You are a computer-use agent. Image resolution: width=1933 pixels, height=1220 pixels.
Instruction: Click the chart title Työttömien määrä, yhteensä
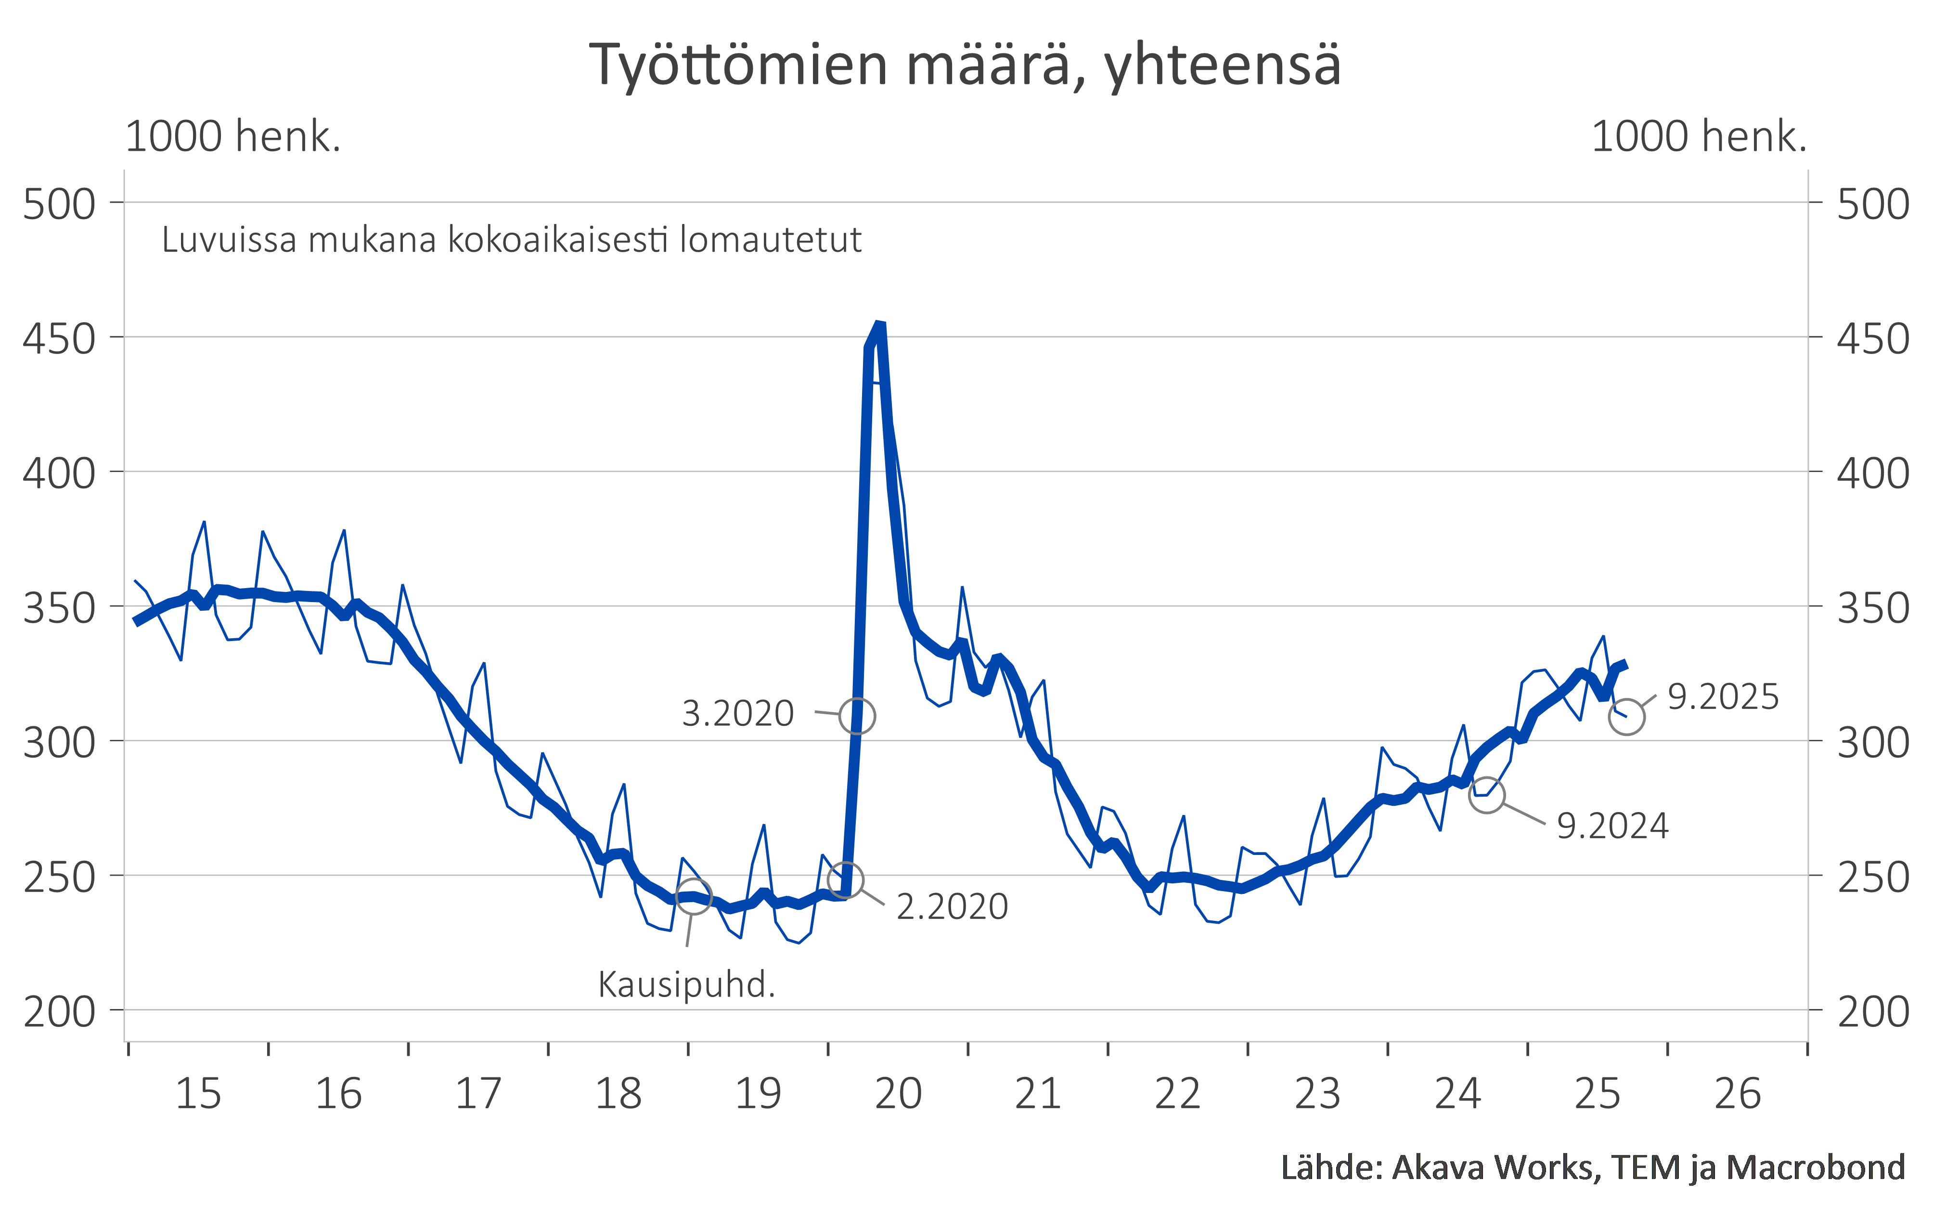[965, 64]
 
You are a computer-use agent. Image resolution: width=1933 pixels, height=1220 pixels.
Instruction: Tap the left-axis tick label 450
[59, 339]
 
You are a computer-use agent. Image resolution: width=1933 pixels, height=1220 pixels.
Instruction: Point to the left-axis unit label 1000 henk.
[233, 136]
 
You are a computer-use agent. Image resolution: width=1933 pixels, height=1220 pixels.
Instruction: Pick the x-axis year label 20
[898, 1094]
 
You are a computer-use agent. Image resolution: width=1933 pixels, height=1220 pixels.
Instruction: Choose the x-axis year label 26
[1737, 1094]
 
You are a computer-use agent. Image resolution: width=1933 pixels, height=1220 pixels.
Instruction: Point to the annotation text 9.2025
[1723, 697]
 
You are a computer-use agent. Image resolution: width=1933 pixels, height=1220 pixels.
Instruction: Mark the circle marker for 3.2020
[857, 716]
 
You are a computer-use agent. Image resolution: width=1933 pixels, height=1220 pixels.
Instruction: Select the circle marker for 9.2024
[1487, 795]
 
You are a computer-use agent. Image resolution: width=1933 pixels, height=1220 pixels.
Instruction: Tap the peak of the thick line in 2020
[880, 325]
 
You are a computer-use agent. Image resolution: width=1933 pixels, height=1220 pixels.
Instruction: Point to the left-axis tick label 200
[59, 1012]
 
